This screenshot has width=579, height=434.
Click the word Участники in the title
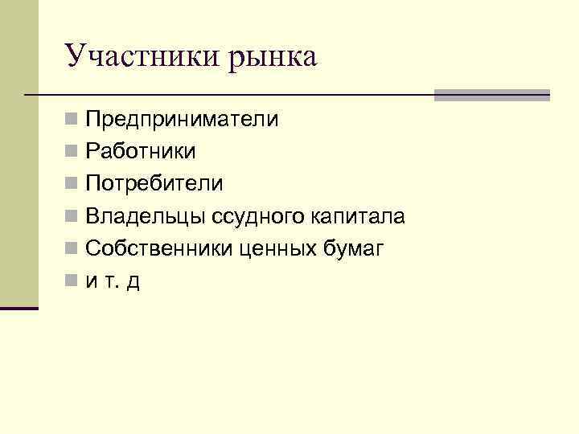coord(133,55)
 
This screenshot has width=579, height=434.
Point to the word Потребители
coord(154,183)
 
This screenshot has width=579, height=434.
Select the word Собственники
coord(159,249)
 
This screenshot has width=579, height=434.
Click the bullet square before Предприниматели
coord(72,121)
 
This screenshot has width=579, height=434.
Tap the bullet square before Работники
coord(72,153)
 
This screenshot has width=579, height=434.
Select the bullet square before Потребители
coord(72,185)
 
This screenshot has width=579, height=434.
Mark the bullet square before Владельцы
coord(72,217)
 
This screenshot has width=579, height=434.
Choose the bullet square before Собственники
coord(72,250)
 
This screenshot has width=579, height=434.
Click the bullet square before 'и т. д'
coord(72,282)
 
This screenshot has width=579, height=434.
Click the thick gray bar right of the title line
coord(491,95)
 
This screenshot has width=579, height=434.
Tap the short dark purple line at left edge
coord(19,308)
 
